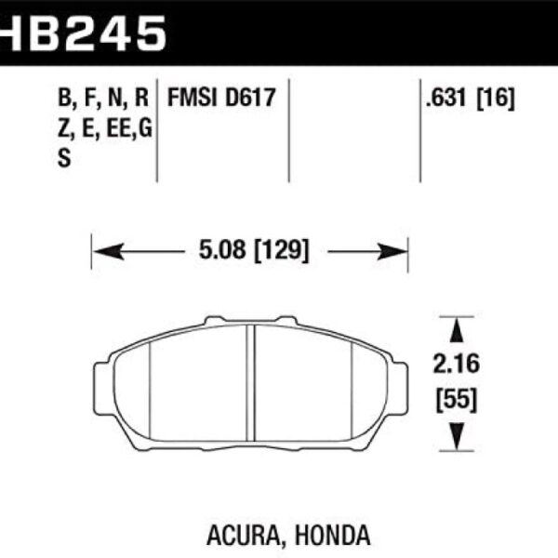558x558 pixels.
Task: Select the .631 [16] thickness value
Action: (470, 97)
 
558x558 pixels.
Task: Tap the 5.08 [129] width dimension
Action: (250, 250)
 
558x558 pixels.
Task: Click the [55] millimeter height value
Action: (455, 401)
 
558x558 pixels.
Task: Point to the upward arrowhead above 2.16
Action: (455, 330)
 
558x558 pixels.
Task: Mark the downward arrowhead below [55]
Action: (455, 436)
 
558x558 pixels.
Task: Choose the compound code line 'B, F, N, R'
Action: (102, 97)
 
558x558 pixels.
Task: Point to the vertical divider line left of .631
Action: (420, 130)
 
